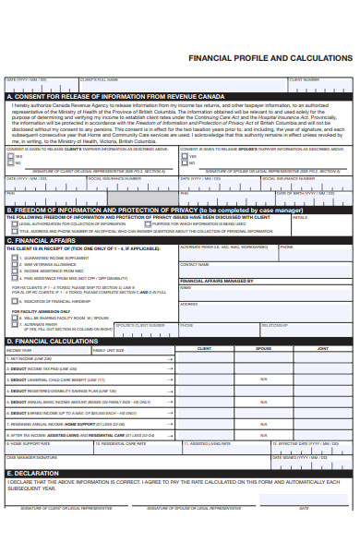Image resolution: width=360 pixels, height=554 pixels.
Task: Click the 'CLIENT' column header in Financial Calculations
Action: [204, 349]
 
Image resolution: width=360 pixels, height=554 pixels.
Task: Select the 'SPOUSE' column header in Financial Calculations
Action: [263, 349]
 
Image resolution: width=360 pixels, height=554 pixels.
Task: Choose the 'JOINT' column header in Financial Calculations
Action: [322, 349]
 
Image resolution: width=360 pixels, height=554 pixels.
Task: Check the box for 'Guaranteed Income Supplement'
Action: [16, 258]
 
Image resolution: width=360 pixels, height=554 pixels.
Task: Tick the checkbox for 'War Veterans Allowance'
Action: [16, 264]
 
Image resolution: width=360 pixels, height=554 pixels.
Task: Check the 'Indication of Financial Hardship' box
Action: [16, 301]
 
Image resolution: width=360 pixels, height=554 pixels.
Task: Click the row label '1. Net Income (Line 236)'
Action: [31, 358]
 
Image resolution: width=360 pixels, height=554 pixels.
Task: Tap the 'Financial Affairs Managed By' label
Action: [216, 280]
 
